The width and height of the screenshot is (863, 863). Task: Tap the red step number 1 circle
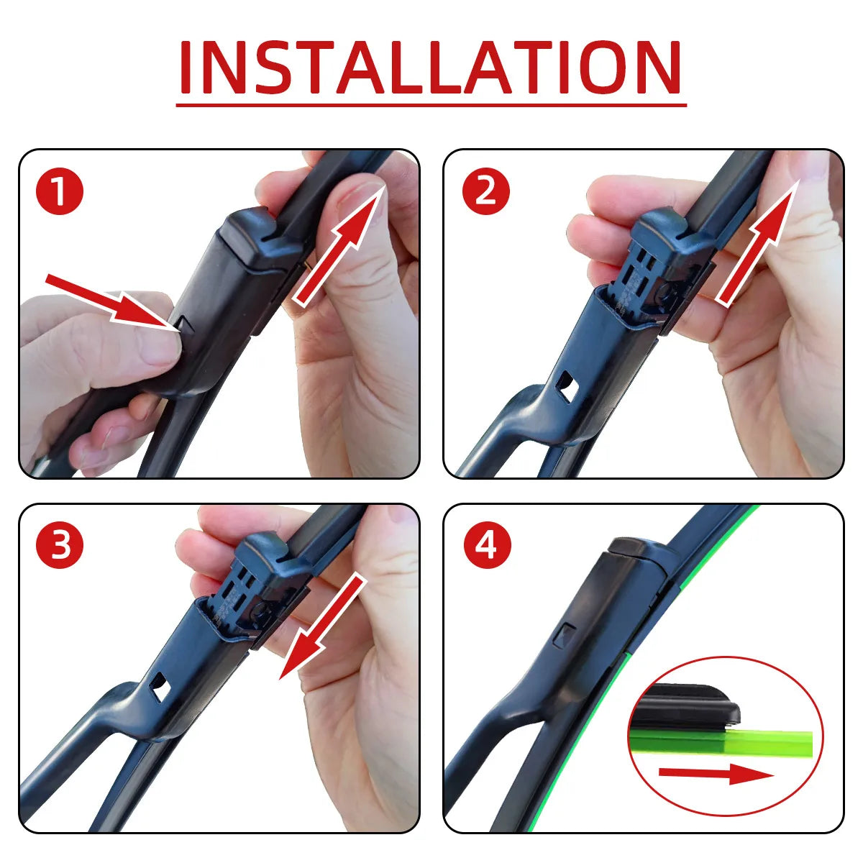click(x=60, y=191)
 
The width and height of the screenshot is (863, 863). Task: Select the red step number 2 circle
click(x=486, y=191)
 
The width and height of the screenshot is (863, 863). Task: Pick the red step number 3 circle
click(x=60, y=545)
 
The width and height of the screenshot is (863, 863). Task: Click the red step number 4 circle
click(x=486, y=545)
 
